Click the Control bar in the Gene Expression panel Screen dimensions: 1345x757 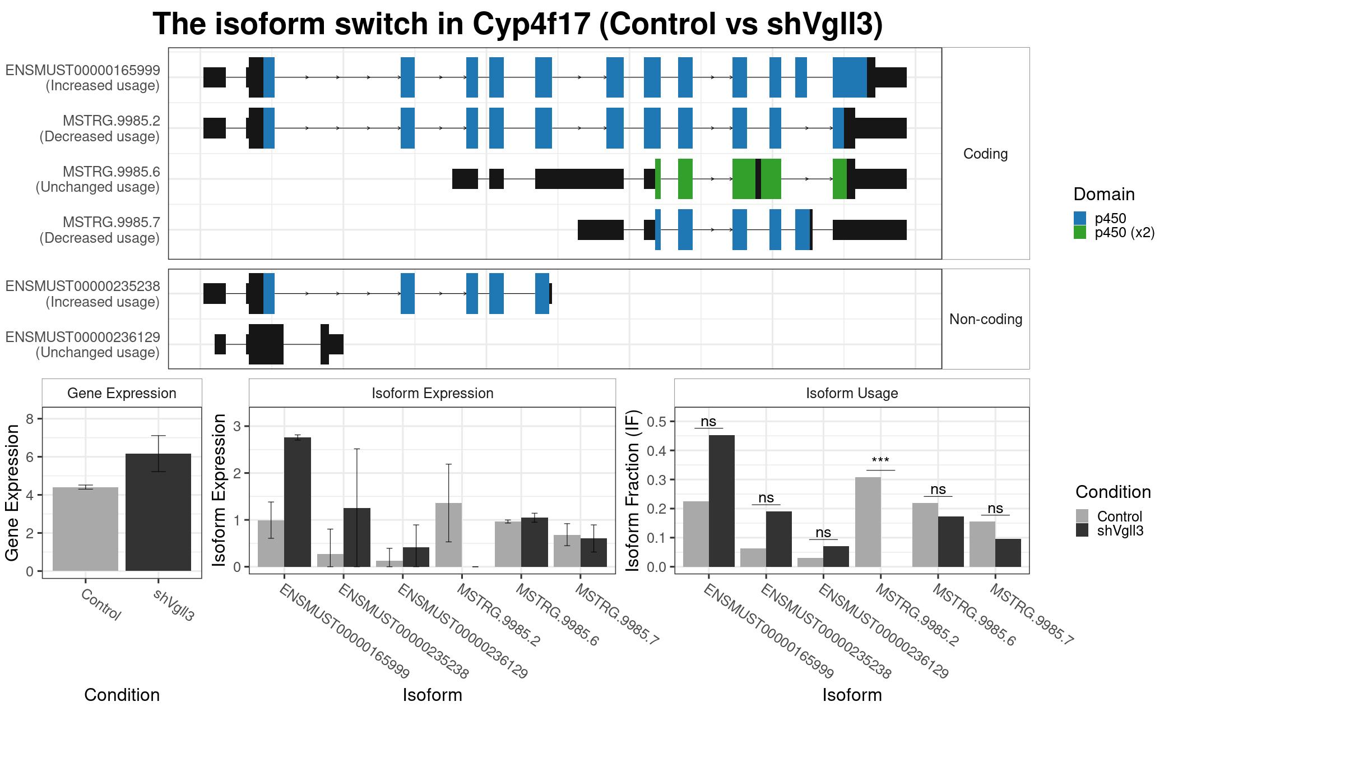[x=85, y=529]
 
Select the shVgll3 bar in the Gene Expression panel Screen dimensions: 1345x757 [x=158, y=512]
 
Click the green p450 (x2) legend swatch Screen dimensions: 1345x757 [x=1080, y=232]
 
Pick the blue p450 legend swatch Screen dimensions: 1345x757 [x=1080, y=218]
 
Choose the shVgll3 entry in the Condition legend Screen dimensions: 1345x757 [x=1120, y=530]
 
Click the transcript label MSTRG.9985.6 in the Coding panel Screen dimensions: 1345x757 [x=112, y=172]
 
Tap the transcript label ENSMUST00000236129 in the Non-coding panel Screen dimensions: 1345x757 [x=83, y=337]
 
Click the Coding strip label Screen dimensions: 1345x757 [x=985, y=154]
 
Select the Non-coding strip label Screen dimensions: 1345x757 [x=985, y=319]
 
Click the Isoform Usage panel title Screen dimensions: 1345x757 [x=852, y=393]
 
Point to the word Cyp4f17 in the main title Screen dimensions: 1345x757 [x=532, y=24]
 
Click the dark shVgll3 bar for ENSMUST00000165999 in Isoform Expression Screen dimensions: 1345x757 [x=298, y=502]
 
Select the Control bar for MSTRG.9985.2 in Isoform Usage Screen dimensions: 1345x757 [x=868, y=522]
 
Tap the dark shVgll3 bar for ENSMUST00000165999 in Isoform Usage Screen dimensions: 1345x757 [x=722, y=501]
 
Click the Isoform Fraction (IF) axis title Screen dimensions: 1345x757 [x=633, y=491]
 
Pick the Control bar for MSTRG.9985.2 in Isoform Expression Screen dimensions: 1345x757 [x=449, y=535]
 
